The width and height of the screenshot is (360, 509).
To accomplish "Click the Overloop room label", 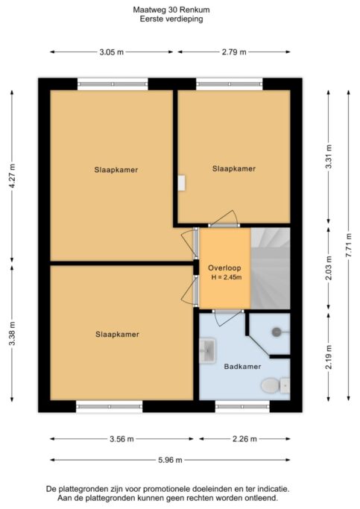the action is click(x=224, y=268).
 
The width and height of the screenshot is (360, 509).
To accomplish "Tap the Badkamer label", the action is click(x=242, y=367).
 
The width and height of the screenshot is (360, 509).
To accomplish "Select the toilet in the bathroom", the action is click(x=275, y=385).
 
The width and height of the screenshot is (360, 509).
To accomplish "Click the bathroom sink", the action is click(x=207, y=350).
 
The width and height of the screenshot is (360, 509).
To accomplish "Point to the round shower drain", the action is click(x=277, y=332).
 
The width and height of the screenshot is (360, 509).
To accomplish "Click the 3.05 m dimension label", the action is click(x=112, y=52).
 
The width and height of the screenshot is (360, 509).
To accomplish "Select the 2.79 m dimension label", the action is click(x=234, y=52).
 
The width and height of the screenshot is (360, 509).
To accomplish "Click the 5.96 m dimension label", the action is click(x=170, y=460).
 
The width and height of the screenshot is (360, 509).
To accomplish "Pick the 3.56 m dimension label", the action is click(x=121, y=439).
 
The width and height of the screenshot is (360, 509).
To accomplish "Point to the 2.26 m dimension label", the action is click(x=244, y=439).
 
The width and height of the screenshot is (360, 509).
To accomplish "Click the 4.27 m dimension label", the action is click(x=12, y=176).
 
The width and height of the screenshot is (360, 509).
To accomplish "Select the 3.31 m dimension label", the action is click(x=329, y=157).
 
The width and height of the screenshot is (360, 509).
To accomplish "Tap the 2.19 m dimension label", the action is click(x=329, y=357).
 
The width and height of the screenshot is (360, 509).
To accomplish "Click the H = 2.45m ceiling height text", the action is click(x=227, y=277).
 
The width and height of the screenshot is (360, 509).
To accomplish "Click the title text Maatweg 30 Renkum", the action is click(x=171, y=10).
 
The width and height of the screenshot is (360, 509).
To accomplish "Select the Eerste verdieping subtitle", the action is click(x=171, y=19).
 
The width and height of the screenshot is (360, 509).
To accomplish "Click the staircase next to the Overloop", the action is click(x=271, y=268).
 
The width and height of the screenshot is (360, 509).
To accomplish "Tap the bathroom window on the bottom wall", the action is click(x=242, y=406).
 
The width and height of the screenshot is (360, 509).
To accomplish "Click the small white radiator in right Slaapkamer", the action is click(x=181, y=183).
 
